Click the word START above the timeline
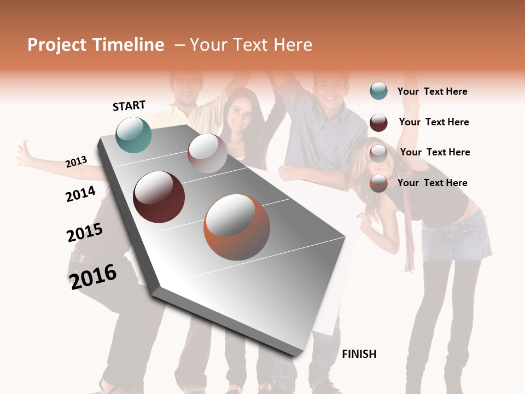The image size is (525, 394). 129,106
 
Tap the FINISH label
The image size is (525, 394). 359,354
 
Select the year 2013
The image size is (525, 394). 76,162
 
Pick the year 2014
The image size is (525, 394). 80,194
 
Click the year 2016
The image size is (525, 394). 93,276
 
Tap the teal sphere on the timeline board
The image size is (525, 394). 134,135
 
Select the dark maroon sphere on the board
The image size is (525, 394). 159,197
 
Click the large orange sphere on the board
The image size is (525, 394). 237,227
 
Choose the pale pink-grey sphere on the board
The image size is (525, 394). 207,154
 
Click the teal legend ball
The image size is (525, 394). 378,91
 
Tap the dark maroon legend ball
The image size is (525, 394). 378,123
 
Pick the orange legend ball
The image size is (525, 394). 378,183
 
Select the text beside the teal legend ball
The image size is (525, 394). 432,91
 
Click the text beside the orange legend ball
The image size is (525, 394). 432,183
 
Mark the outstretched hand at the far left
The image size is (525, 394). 24,154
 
